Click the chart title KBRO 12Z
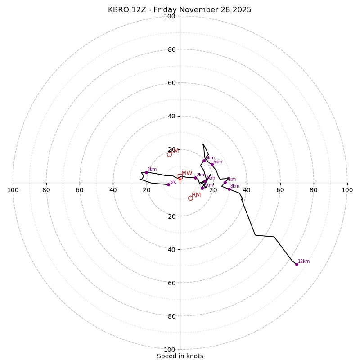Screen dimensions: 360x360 180,10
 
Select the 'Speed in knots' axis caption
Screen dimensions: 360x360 180,356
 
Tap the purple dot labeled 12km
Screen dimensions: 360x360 297,264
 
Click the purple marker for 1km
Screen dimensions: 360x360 146,172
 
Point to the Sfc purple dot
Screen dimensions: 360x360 168,184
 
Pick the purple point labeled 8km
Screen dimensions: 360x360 229,189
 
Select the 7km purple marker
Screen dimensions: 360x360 225,182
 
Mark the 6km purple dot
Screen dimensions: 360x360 212,164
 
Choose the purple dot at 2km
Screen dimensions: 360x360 195,178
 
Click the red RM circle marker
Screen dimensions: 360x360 190,198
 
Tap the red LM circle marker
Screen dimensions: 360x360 169,154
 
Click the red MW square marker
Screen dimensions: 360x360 180,176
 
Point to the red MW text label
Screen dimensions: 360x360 187,173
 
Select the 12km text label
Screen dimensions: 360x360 304,261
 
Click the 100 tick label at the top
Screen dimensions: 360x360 170,16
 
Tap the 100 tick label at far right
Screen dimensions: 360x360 347,190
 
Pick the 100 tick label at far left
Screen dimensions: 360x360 13,190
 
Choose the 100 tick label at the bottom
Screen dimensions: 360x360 170,350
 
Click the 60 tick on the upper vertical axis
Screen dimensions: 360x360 171,83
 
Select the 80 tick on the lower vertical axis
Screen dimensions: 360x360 171,316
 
